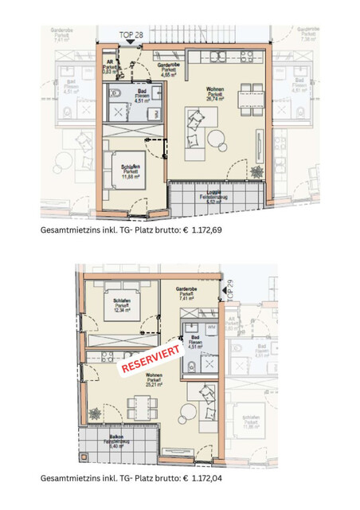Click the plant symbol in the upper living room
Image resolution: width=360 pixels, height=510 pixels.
257,171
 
